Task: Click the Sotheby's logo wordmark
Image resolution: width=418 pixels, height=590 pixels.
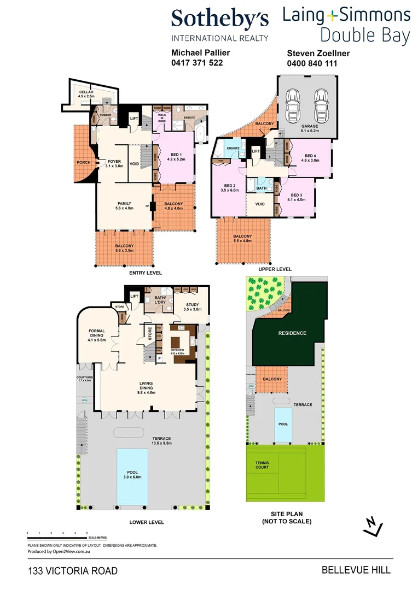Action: coord(219,19)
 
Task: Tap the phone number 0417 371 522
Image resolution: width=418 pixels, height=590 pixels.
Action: coord(197,63)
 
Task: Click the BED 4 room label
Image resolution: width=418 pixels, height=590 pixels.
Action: coord(310,157)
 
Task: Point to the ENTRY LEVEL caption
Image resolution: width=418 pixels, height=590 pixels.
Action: coord(146,273)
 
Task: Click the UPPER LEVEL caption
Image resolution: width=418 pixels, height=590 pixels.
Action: coord(275,269)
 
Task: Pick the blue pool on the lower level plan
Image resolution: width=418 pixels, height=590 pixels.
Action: coord(132,477)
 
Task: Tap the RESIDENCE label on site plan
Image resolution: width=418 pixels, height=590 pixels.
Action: coord(292,333)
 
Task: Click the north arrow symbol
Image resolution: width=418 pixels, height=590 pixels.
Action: coord(373,526)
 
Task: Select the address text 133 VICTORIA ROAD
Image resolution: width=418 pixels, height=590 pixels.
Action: coord(73,571)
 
